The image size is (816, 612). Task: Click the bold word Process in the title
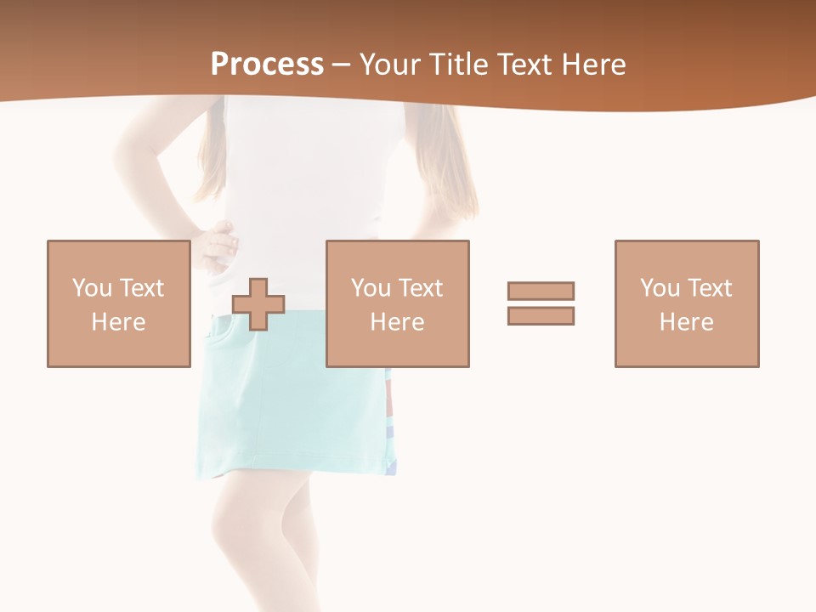(x=267, y=65)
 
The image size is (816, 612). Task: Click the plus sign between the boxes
(x=258, y=304)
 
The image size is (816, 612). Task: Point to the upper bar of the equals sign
(x=541, y=291)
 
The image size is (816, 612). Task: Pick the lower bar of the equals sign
(x=541, y=315)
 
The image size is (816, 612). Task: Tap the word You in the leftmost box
(x=93, y=288)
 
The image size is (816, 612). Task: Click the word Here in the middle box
(x=398, y=322)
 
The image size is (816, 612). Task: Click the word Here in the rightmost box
(x=687, y=322)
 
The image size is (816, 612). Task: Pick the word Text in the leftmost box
(x=141, y=288)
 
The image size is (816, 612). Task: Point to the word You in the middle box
(x=371, y=288)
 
